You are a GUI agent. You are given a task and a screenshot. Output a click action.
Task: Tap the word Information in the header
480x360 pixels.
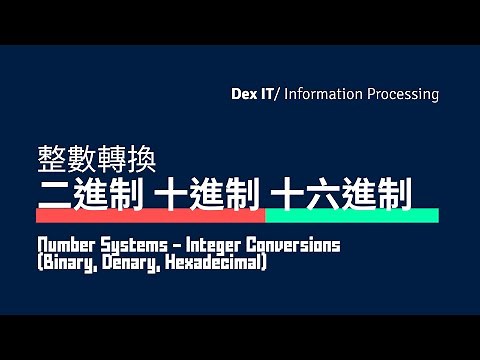[323, 95]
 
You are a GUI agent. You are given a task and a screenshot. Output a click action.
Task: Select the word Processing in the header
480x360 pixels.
[402, 95]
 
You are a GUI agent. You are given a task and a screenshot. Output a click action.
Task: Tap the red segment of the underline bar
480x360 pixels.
[150, 215]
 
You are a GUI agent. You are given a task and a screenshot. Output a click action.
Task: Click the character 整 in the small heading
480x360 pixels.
[50, 159]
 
